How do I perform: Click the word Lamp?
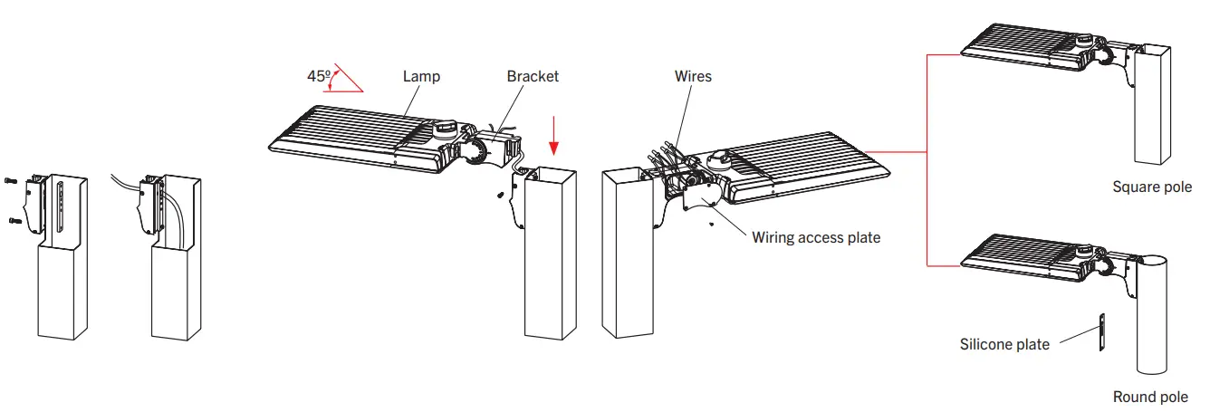pos(421,76)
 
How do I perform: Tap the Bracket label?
pos(533,76)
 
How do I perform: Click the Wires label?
pos(693,76)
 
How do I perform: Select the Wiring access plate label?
pos(815,238)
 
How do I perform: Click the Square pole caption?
pos(1152,187)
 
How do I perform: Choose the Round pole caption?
pos(1150,397)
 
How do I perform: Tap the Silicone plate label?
pos(1004,344)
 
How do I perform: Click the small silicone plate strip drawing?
pos(1102,332)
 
